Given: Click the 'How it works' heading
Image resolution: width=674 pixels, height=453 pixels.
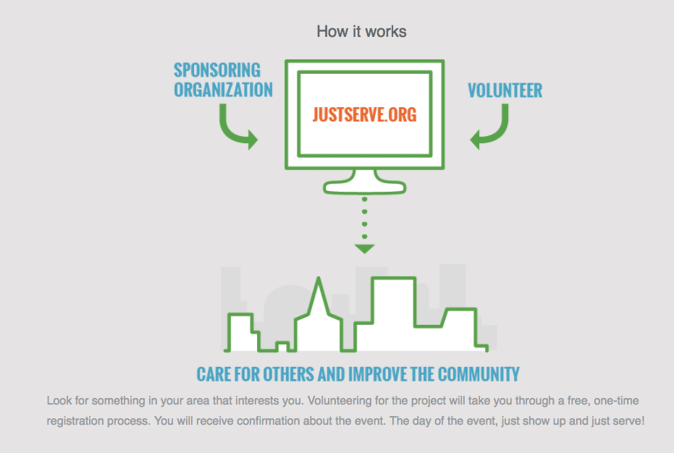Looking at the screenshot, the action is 361,31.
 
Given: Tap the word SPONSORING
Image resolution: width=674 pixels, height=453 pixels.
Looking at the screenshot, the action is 217,70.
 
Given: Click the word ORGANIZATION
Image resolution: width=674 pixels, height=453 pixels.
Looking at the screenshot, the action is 223,90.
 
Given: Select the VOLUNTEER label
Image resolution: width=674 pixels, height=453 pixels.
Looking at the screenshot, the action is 505,90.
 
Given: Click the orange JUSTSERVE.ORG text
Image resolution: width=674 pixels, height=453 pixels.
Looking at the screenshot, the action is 365,115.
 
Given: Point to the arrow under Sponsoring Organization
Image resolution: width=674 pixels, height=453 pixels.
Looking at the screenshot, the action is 232,131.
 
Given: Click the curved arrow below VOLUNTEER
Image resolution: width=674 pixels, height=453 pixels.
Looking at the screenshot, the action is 494,131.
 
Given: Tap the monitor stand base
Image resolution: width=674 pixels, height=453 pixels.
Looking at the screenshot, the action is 365,187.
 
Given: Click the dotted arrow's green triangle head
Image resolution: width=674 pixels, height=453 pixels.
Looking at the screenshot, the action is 365,249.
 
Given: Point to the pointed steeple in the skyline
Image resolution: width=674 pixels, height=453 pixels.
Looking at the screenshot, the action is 319,297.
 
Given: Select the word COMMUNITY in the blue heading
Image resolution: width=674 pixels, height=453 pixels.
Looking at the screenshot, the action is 479,374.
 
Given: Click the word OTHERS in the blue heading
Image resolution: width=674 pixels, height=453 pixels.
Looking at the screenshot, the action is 288,374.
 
